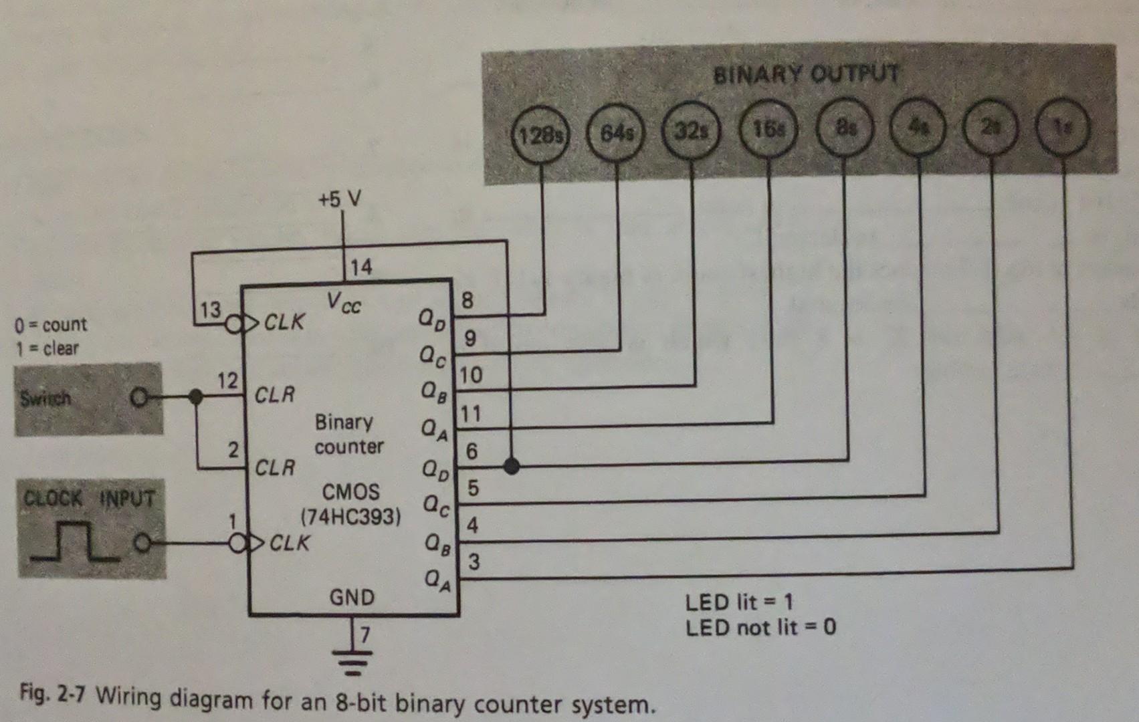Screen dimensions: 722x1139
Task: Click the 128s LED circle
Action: (x=540, y=135)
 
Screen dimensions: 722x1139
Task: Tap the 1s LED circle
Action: (x=1062, y=128)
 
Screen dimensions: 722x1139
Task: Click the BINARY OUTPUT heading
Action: (x=806, y=74)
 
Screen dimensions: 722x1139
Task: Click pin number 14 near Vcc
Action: (x=360, y=267)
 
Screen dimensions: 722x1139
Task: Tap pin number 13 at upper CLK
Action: (x=209, y=310)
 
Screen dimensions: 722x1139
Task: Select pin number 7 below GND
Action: (x=365, y=634)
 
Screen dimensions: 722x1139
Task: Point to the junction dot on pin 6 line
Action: (x=511, y=465)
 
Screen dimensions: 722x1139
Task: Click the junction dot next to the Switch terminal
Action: (x=195, y=397)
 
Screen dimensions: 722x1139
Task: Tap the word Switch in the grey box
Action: (x=45, y=399)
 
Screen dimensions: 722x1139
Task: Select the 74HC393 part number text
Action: (x=351, y=517)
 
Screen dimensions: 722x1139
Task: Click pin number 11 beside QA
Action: (x=470, y=414)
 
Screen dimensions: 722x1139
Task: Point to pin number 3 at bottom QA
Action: (x=474, y=562)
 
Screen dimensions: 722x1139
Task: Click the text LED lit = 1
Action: (x=738, y=602)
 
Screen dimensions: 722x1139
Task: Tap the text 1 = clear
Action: (x=47, y=348)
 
